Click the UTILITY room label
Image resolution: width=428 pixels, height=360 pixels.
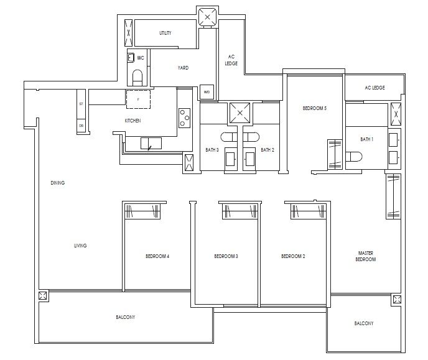coord(165,33)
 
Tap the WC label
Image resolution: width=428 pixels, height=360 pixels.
coord(141,58)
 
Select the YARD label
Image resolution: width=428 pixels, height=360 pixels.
coord(183,68)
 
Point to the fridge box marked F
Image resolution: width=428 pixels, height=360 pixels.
coord(138,99)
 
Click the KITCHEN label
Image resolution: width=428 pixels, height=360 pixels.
coord(133,120)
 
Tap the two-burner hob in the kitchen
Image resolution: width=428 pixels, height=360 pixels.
coord(185,117)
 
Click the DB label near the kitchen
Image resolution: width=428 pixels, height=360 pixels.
coord(81,125)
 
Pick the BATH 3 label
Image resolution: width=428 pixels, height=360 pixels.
coord(212,150)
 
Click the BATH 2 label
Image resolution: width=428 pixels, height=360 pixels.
coord(267,150)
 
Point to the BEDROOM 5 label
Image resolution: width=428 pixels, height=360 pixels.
coord(314,108)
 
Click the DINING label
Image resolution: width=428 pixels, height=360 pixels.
coord(58,183)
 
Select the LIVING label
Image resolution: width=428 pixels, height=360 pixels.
coord(80,246)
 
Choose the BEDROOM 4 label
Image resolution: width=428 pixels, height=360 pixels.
coord(157,256)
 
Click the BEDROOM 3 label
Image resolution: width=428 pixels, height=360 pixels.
coord(226,256)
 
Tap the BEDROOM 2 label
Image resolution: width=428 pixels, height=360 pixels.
coord(293,256)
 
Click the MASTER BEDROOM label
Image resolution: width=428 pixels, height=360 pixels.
coord(366,256)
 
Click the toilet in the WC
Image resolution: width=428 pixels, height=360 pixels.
coord(138,77)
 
